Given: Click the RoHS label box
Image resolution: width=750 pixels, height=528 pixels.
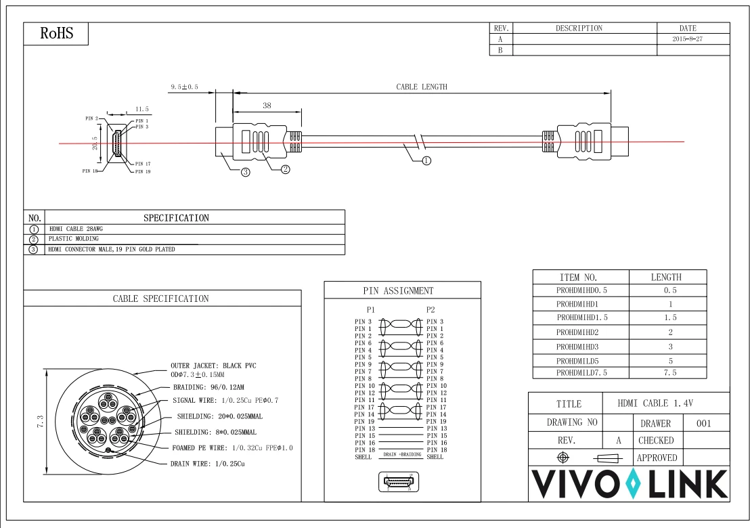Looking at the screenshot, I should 56,34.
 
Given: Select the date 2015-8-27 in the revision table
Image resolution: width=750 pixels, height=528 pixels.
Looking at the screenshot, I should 687,40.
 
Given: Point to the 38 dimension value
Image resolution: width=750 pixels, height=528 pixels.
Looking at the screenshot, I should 267,106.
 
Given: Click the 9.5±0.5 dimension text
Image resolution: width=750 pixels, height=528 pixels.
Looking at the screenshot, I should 184,87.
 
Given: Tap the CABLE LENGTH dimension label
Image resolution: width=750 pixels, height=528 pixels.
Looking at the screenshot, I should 421,87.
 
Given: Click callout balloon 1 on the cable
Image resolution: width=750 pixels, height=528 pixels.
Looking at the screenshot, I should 426,161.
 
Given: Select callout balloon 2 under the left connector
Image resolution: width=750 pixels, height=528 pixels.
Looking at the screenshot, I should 286,169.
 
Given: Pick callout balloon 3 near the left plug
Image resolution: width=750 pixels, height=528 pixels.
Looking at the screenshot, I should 245,173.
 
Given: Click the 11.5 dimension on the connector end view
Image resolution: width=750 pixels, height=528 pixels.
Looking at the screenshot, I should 141,109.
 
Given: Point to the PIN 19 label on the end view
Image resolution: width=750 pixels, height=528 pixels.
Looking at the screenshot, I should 142,172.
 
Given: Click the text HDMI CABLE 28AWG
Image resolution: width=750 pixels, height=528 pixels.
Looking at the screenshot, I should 76,229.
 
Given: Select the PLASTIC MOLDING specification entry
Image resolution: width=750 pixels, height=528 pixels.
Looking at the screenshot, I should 73,239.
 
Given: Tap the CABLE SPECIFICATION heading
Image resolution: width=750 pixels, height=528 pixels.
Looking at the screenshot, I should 160,299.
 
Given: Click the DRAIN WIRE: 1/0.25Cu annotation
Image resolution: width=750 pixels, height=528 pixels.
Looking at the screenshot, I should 207,464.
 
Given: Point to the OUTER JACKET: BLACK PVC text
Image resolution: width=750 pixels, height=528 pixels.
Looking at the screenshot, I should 213,366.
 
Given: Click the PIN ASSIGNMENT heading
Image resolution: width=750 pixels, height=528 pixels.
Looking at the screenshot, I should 398,291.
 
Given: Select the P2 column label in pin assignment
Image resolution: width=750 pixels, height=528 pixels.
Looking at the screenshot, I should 431,309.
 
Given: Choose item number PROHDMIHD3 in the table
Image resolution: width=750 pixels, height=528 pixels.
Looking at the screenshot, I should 577,347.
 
